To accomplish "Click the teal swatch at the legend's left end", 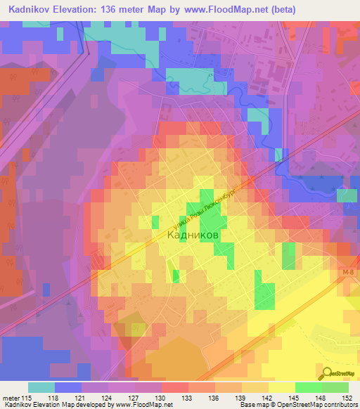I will (x=41, y=387).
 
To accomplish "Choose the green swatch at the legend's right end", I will (x=335, y=387).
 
